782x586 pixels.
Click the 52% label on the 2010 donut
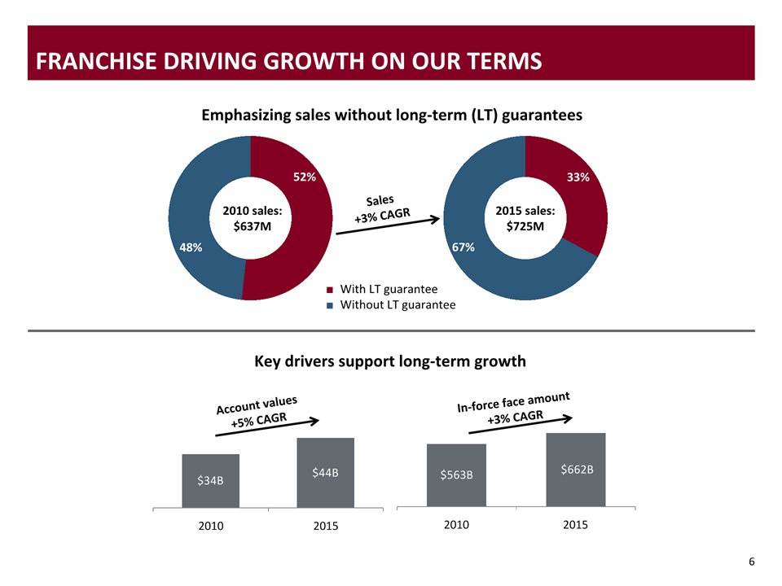[x=305, y=177]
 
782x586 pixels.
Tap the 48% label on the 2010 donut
[x=191, y=245]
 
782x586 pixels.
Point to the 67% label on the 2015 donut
[x=463, y=247]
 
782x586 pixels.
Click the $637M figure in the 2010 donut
[x=252, y=226]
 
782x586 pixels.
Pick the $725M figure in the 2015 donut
[x=525, y=226]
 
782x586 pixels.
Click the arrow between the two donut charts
[x=389, y=226]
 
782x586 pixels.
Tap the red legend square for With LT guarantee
[x=330, y=290]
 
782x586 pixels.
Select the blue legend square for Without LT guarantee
[x=330, y=305]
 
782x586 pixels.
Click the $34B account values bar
[x=210, y=481]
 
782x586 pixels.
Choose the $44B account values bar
[x=325, y=473]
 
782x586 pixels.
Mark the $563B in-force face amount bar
[x=456, y=475]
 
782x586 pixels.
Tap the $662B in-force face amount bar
[x=576, y=470]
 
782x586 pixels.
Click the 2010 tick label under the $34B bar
[x=211, y=526]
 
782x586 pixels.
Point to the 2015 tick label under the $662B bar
[x=576, y=525]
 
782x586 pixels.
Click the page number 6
[x=751, y=562]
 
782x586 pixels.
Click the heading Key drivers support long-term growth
[x=391, y=361]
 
